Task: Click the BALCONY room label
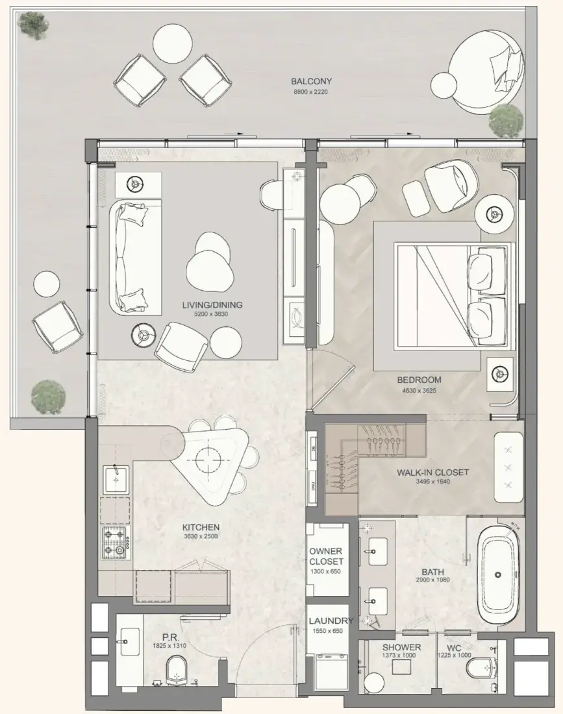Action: (312, 82)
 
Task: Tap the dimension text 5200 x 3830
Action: (211, 314)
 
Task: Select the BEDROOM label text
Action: (419, 380)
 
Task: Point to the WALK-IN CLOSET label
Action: (432, 473)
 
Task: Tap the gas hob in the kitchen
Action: (116, 543)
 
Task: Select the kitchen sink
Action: (117, 480)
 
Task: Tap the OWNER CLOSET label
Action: (326, 556)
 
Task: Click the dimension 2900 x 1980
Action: (432, 580)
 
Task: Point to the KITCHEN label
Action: (201, 527)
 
